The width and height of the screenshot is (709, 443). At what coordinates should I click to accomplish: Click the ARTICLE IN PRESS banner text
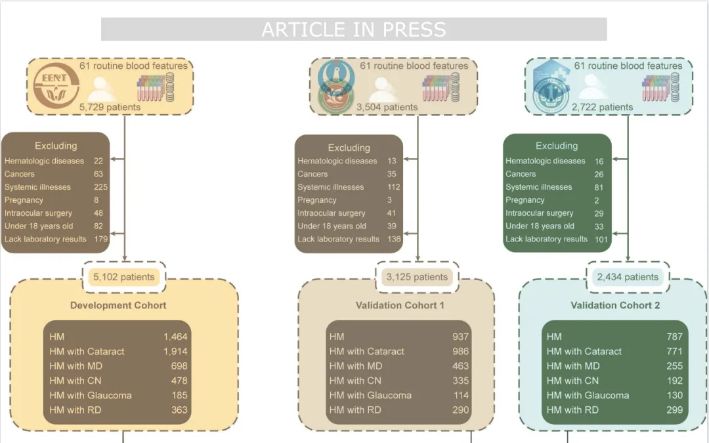coord(353,30)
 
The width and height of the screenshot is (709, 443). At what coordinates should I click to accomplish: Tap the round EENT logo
coord(56,86)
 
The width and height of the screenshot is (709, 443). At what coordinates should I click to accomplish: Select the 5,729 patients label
coord(110,107)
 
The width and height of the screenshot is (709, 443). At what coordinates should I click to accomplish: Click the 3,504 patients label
coord(387,107)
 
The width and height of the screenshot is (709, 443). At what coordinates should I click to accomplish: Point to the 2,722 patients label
coord(603,107)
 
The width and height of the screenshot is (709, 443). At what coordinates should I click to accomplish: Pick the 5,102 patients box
coord(124,277)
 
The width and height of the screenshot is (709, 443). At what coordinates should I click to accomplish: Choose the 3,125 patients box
coord(417,277)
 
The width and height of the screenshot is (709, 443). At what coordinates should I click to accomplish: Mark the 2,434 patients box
coord(628,277)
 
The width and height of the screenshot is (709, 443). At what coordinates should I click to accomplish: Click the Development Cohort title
coord(118,305)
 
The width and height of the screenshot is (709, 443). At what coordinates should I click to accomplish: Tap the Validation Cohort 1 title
coord(400,305)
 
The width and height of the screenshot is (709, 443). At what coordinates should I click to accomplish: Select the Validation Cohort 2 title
coord(615,305)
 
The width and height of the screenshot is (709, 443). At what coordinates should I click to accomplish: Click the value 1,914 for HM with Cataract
coord(175,351)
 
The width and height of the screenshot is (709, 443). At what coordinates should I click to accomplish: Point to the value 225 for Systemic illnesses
coord(100,187)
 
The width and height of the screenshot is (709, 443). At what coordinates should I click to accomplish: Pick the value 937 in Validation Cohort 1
coord(460,337)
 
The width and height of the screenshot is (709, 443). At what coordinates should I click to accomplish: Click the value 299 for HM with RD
coord(674,410)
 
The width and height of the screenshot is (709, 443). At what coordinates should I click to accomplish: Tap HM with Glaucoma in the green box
coord(588,395)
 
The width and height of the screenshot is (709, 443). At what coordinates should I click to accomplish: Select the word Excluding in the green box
coord(557,146)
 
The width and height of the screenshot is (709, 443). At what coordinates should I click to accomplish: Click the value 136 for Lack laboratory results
coord(393,239)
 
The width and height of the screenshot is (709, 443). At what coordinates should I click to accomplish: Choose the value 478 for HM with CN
coord(179,381)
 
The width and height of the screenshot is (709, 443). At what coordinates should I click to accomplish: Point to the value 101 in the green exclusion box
coord(601,239)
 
